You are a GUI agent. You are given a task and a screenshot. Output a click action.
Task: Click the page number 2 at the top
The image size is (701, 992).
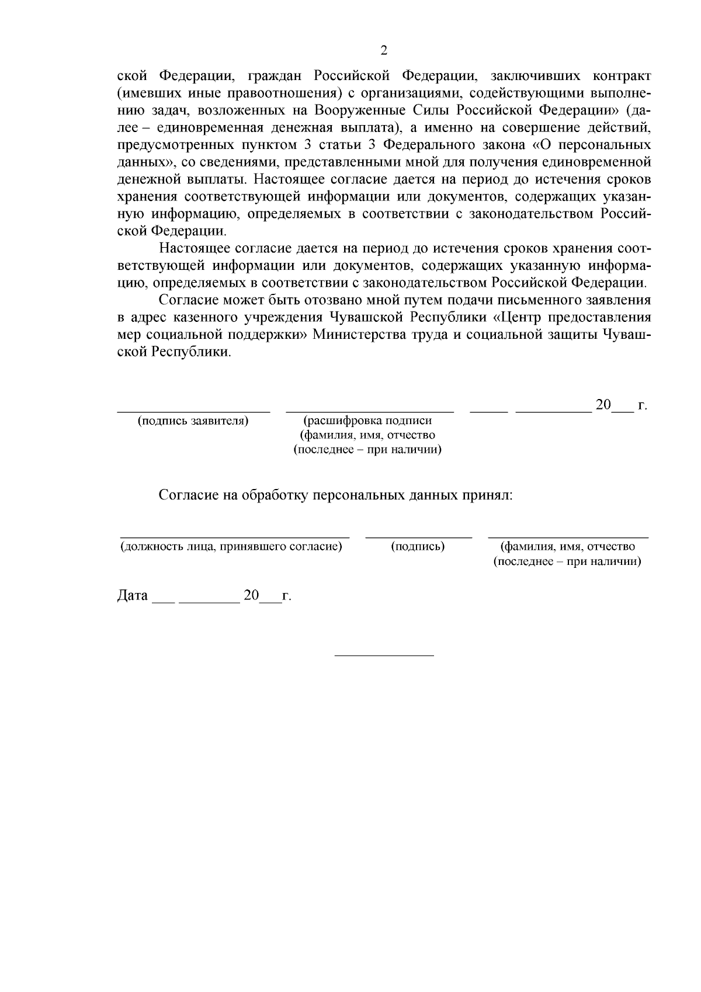tap(384, 51)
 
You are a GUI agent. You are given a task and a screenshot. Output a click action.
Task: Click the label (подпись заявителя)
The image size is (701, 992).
tap(193, 421)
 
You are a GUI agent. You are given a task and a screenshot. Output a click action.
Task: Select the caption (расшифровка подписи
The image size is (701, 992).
tap(368, 421)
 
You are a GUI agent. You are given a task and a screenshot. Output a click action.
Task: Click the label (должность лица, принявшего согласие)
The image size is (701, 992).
tap(231, 547)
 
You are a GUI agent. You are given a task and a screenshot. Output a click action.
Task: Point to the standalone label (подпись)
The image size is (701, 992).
tap(418, 547)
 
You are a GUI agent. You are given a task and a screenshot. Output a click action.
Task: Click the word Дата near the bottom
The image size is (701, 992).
tap(133, 596)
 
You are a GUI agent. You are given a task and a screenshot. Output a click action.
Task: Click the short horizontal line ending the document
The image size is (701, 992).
tap(384, 655)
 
